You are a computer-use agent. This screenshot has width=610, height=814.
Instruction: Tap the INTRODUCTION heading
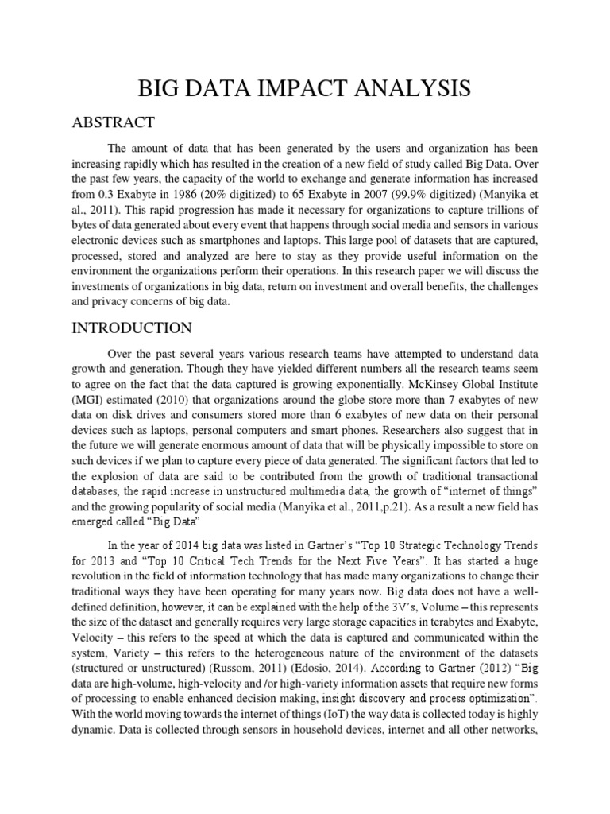point(131,328)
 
